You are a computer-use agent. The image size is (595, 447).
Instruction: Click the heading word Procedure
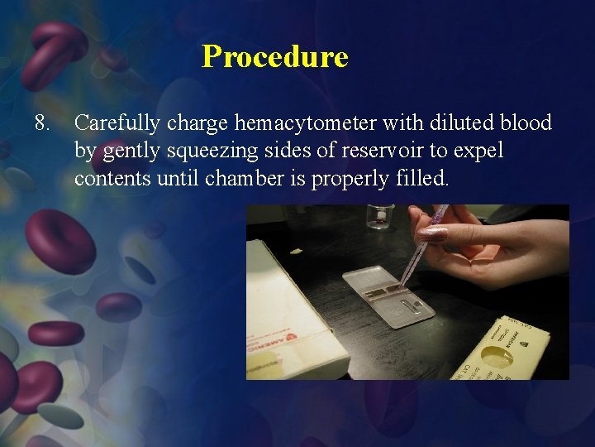click(275, 57)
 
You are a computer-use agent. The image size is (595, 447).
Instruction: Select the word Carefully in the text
click(118, 123)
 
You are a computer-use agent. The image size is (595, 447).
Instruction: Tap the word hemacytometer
click(306, 123)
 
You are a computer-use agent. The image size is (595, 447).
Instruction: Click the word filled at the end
click(421, 180)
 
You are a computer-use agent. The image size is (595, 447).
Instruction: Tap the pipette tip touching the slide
click(402, 285)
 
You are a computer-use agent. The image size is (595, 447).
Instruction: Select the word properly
click(351, 180)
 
